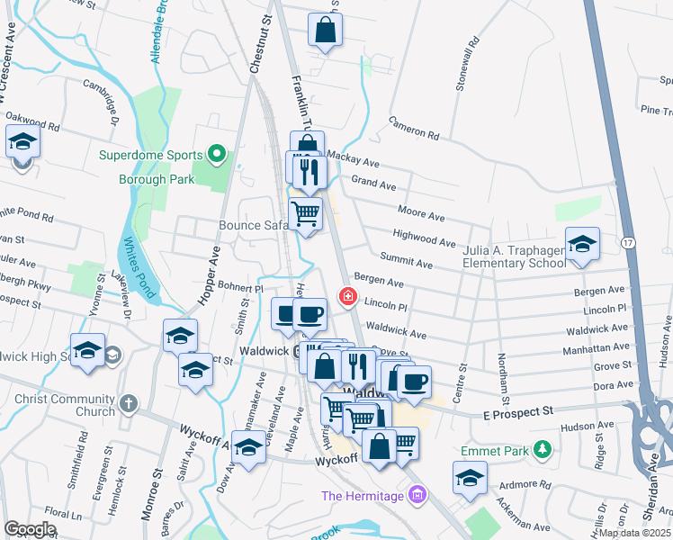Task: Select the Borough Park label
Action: [157, 179]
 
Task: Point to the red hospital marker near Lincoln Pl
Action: [345, 296]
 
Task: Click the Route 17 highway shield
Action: [628, 243]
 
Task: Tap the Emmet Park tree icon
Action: [542, 448]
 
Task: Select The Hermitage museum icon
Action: [415, 494]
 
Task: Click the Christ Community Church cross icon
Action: [128, 403]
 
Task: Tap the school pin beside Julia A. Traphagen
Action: [582, 244]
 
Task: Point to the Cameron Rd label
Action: [413, 129]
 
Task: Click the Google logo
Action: [30, 529]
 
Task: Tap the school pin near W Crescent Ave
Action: [22, 143]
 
